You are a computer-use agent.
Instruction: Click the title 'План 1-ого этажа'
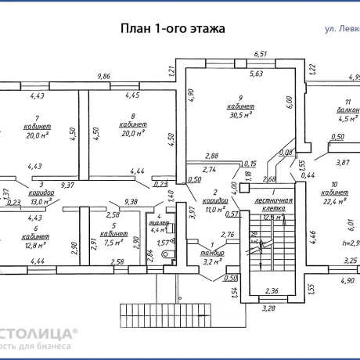[x=172, y=28]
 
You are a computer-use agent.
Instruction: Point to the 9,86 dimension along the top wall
[x=103, y=76]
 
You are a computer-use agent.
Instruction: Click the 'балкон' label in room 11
[x=349, y=111]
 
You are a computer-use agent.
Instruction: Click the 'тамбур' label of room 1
[x=212, y=254]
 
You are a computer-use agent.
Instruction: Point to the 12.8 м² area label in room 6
[x=33, y=242]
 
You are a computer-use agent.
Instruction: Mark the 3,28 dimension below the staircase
[x=269, y=308]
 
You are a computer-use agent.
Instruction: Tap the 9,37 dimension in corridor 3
[x=67, y=185]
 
